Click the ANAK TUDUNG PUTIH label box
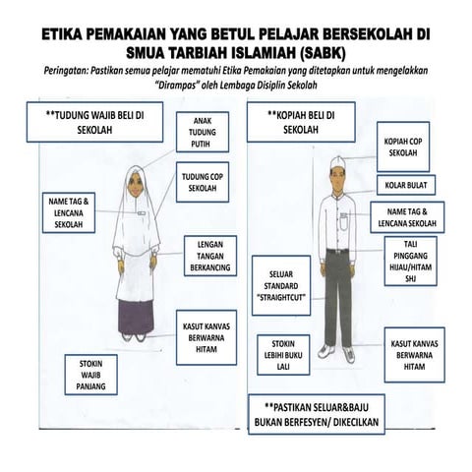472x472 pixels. pos(203,132)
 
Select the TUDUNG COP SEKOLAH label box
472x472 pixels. pos(203,182)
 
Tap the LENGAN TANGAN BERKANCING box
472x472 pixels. pos(210,256)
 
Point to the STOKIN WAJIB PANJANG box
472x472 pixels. pos(90,375)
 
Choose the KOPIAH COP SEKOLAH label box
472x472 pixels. pos(403,147)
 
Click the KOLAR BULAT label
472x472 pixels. pos(406,185)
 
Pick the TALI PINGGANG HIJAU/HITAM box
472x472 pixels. pos(410,261)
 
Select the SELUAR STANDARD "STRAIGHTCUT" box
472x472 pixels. pos(281,285)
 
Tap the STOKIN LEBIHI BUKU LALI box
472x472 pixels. pos(283,355)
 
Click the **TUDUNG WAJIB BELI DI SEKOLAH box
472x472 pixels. pos(94,122)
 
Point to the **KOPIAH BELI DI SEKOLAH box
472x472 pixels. pos(301,122)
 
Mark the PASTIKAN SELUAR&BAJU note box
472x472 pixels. pos(317,414)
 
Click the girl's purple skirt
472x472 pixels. pos(136,316)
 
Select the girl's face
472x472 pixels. pos(136,185)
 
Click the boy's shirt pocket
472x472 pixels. pos(343,223)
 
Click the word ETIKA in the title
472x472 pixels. pos(62,34)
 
